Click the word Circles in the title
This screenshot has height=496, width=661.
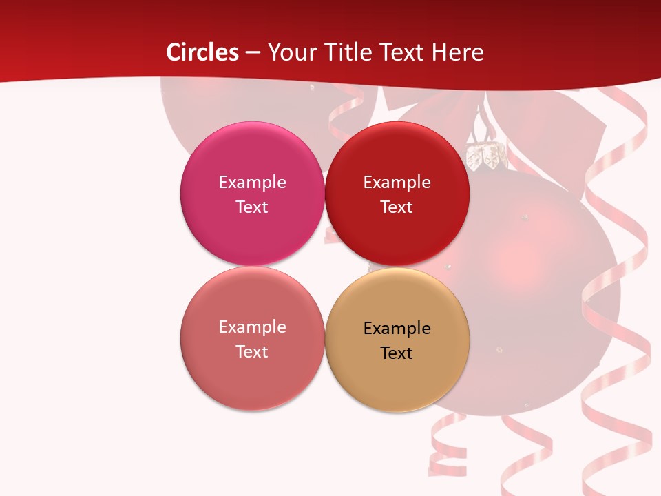202,52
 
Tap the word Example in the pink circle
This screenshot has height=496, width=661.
252,182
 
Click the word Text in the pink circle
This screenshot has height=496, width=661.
252,207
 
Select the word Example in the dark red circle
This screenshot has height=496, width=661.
397,182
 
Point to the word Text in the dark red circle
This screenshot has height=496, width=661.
397,207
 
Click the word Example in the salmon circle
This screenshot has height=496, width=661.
252,327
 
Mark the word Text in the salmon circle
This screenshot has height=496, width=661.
252,351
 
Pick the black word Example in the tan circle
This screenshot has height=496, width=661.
397,328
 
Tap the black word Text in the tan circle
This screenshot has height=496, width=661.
397,353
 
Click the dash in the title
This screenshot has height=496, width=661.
253,52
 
